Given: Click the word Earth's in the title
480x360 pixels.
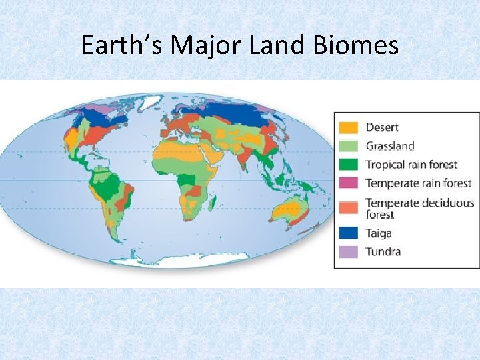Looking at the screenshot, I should pos(121,46).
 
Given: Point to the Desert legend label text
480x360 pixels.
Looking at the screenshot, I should pos(383,127).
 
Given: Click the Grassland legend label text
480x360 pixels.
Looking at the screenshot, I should pos(390,145).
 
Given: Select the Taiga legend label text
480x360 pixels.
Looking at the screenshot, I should pos(379,233).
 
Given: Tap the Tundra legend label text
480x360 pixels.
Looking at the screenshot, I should pos(383,251).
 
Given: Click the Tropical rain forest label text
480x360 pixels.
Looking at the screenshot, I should pos(411,164).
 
